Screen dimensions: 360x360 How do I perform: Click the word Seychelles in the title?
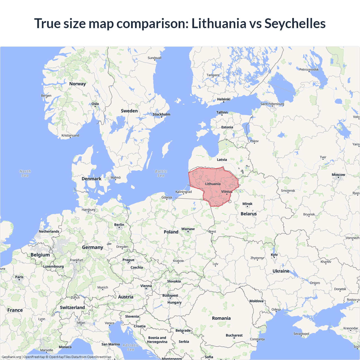[295, 24]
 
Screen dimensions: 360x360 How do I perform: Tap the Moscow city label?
[338, 175]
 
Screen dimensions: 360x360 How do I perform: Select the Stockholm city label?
[161, 114]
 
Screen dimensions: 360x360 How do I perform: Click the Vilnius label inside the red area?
[227, 192]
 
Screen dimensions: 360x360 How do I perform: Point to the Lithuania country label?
[213, 184]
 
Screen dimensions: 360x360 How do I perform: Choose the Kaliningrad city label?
[183, 192]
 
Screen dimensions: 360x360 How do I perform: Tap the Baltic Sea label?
[161, 173]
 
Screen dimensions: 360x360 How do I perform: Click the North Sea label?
[25, 173]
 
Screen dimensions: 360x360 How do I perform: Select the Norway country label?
[77, 84]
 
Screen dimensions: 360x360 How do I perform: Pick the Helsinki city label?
[224, 99]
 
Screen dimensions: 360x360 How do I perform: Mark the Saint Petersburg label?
[272, 104]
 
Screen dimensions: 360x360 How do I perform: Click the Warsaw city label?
[188, 229]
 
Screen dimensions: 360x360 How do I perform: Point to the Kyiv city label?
[274, 255]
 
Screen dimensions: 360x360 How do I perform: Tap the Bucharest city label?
[234, 335]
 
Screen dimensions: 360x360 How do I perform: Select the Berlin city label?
[119, 225]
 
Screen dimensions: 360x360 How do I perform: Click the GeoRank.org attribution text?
[11, 357]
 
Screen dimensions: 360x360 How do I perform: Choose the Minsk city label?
[247, 204]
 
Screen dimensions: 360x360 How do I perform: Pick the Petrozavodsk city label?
[309, 69]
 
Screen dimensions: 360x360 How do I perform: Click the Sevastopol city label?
[301, 334]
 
